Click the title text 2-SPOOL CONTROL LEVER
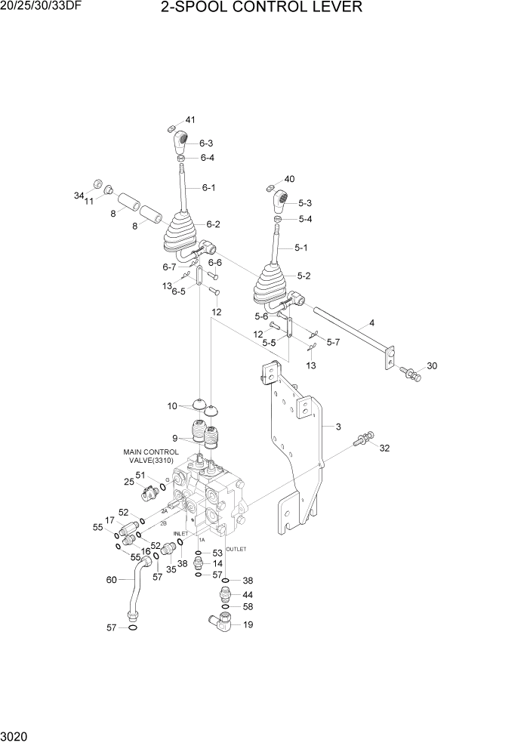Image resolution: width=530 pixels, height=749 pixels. pyautogui.click(x=261, y=8)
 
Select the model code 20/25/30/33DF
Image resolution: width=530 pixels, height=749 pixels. pyautogui.click(x=43, y=8)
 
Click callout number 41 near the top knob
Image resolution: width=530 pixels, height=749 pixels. pyautogui.click(x=190, y=120)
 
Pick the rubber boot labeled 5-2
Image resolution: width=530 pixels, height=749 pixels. pyautogui.click(x=271, y=282)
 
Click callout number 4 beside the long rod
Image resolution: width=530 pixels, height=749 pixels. pyautogui.click(x=371, y=323)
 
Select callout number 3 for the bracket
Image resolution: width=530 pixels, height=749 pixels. pyautogui.click(x=338, y=427)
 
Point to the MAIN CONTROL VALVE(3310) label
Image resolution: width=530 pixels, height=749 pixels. pyautogui.click(x=150, y=458)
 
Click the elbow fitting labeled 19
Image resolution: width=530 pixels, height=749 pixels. pyautogui.click(x=220, y=621)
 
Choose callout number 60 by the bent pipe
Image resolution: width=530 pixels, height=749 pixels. pyautogui.click(x=111, y=580)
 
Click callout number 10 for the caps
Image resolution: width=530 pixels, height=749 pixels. pyautogui.click(x=172, y=406)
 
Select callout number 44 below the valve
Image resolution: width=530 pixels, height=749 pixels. pyautogui.click(x=248, y=594)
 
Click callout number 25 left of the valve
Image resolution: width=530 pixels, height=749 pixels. pyautogui.click(x=129, y=482)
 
